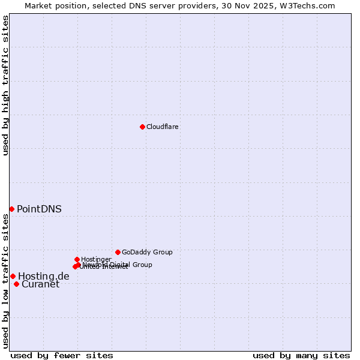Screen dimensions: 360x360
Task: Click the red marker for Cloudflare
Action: [x=142, y=127]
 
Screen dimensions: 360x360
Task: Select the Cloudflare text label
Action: [x=163, y=127]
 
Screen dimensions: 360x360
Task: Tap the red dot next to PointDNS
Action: [x=11, y=209]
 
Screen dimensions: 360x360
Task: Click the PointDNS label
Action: [x=39, y=209]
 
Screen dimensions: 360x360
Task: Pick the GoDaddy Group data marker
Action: [x=118, y=252]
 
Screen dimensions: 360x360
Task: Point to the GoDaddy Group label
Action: [x=147, y=252]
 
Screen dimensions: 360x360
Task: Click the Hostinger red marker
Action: [x=77, y=259]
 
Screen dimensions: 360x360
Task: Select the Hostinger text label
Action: [x=96, y=259]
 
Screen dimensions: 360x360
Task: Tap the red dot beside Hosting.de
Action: [x=13, y=276]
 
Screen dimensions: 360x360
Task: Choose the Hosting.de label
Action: [x=44, y=276]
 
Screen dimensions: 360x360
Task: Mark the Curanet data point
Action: [x=16, y=284]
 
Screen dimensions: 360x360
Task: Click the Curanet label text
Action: [x=41, y=284]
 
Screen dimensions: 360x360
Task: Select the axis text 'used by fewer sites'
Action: [x=62, y=355]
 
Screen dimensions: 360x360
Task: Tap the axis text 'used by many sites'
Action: [x=301, y=355]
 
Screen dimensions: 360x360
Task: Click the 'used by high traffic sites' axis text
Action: [x=5, y=85]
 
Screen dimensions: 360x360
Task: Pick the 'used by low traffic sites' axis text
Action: [x=5, y=281]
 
